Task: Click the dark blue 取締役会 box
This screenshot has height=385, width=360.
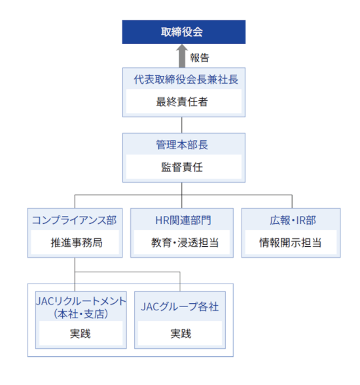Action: [x=183, y=32]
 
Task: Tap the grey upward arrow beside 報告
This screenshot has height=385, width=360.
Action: [x=182, y=56]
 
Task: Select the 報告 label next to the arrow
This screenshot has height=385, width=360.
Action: [x=200, y=58]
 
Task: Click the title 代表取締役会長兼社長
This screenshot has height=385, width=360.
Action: [x=186, y=79]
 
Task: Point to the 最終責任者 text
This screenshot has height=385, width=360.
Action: [x=182, y=101]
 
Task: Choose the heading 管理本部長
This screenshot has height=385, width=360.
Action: [x=182, y=145]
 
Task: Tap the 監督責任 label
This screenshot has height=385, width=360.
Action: [x=182, y=167]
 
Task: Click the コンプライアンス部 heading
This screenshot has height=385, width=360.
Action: [x=75, y=220]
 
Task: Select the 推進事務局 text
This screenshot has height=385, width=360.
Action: [x=77, y=242]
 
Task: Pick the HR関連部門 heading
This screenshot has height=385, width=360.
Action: [x=183, y=220]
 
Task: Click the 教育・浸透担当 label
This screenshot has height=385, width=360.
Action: [x=185, y=242]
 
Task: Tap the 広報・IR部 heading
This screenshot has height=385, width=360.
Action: [x=293, y=220]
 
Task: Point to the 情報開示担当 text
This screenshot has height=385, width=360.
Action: [x=291, y=242]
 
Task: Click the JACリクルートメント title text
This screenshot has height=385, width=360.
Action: [x=81, y=301]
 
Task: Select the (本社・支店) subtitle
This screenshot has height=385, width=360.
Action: [x=81, y=314]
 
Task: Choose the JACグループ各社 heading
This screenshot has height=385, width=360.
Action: [x=179, y=306]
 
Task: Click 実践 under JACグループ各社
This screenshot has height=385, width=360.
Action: [x=181, y=334]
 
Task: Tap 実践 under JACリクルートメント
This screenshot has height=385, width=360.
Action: [x=80, y=334]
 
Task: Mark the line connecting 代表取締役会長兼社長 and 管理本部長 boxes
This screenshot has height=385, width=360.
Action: [x=182, y=125]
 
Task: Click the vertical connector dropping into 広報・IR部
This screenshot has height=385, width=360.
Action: [x=292, y=202]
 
